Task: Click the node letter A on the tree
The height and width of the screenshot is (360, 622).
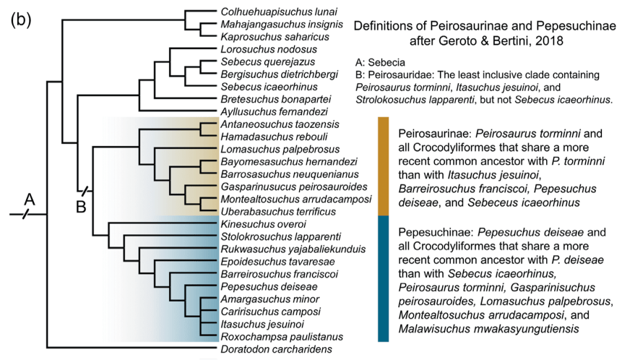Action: [x=30, y=197]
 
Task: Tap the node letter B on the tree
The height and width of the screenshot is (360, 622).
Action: [x=82, y=207]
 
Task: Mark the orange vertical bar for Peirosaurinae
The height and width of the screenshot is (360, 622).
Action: [x=384, y=166]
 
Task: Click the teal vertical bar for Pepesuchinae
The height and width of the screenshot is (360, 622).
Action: [x=384, y=278]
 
